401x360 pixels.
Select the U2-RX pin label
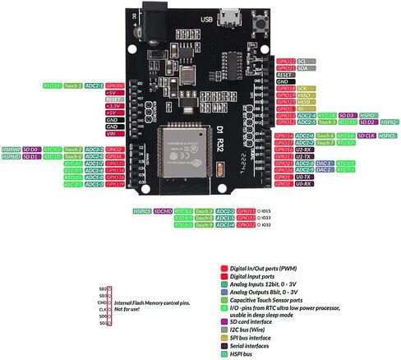point(303,149)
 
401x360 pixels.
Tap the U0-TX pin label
point(303,177)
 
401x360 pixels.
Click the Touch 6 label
point(325,135)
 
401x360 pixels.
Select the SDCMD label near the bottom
point(163,211)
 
